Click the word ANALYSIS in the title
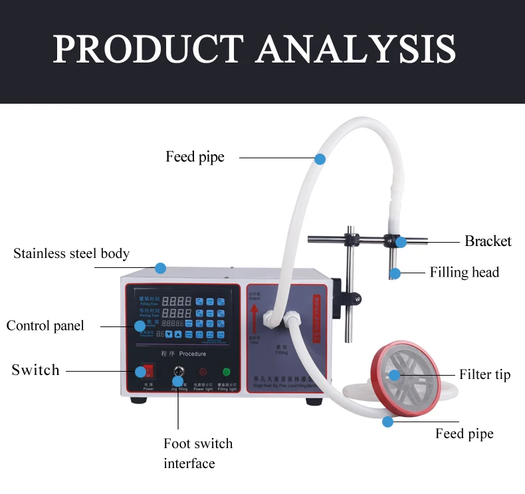[x=356, y=49]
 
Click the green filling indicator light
[x=227, y=372]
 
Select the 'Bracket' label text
[x=488, y=241]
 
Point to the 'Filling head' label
[x=464, y=273]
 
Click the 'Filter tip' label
[x=484, y=375]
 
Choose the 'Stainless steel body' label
[x=71, y=253]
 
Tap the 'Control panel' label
[x=45, y=326]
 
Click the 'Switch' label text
[x=35, y=370]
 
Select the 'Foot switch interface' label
[x=198, y=453]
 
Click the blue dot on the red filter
[x=394, y=375]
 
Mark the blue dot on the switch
[x=140, y=372]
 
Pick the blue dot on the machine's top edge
[x=160, y=268]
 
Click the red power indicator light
[x=202, y=372]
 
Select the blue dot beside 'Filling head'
[x=395, y=273]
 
